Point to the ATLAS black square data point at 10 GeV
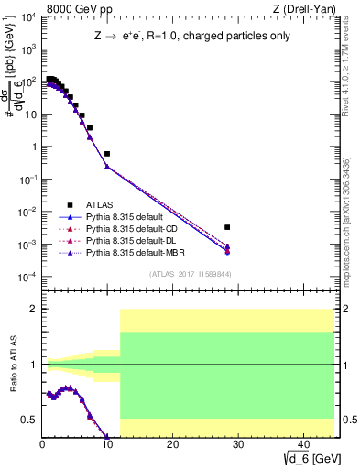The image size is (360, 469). pos(107,154)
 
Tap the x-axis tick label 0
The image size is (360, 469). pos(42,446)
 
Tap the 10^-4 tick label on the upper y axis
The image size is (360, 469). pos(27,277)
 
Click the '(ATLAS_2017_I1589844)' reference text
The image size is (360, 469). pos(191,273)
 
